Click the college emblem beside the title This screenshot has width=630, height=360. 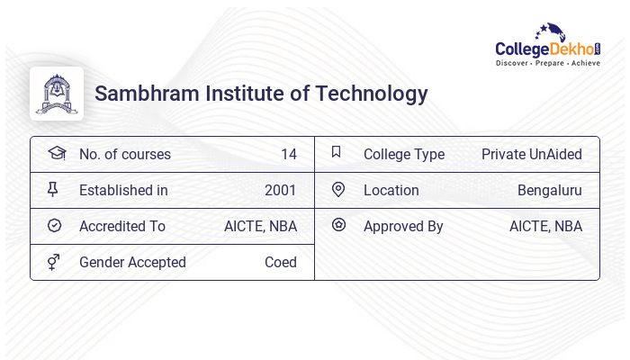pyautogui.click(x=57, y=94)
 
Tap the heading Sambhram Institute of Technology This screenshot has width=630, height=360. pyautogui.click(x=261, y=94)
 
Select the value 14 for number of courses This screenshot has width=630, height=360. pyautogui.click(x=288, y=154)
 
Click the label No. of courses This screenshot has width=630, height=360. pyautogui.click(x=124, y=154)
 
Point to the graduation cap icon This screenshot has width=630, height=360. pyautogui.click(x=56, y=153)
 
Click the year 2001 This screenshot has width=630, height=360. pyautogui.click(x=280, y=190)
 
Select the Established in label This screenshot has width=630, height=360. pyautogui.click(x=123, y=190)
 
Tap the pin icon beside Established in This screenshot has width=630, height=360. pyautogui.click(x=53, y=189)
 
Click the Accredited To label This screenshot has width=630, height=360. pyautogui.click(x=122, y=226)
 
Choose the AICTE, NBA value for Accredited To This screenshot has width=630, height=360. pyautogui.click(x=260, y=226)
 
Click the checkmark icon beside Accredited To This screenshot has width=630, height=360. pyautogui.click(x=54, y=225)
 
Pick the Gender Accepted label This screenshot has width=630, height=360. pyautogui.click(x=132, y=262)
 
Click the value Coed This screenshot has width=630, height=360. pyautogui.click(x=280, y=262)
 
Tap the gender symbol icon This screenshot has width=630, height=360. pyautogui.click(x=54, y=261)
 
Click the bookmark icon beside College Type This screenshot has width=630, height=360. pyautogui.click(x=336, y=152)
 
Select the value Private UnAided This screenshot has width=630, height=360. pyautogui.click(x=531, y=154)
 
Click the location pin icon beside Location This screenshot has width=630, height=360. pyautogui.click(x=338, y=189)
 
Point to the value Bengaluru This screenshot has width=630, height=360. pyautogui.click(x=549, y=190)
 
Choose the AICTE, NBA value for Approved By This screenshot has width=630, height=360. pyautogui.click(x=545, y=226)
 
